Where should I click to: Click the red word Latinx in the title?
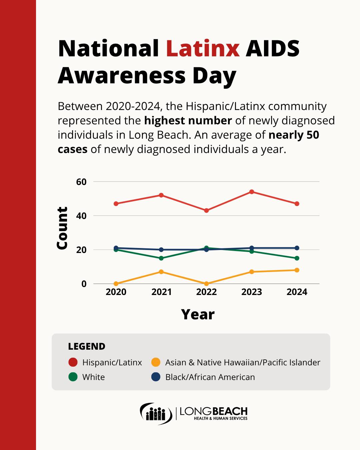(203, 49)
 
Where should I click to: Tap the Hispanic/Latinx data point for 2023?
(252, 192)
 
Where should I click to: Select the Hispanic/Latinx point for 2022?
(206, 211)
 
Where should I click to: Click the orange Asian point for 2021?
(161, 272)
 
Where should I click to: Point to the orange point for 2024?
(297, 270)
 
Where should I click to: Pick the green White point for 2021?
(161, 258)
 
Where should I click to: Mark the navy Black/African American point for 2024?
(297, 248)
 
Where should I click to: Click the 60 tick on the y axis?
(81, 182)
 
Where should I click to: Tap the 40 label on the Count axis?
(81, 216)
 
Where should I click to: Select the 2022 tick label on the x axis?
(206, 292)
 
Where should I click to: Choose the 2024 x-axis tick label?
(297, 292)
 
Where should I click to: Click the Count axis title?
(62, 228)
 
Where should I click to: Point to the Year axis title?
(198, 314)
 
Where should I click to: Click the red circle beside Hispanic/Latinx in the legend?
(73, 362)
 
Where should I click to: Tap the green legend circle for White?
(73, 377)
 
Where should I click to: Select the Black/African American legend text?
(210, 377)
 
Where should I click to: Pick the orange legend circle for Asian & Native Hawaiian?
(156, 362)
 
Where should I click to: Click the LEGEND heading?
(87, 346)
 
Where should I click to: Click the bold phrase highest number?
(188, 121)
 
